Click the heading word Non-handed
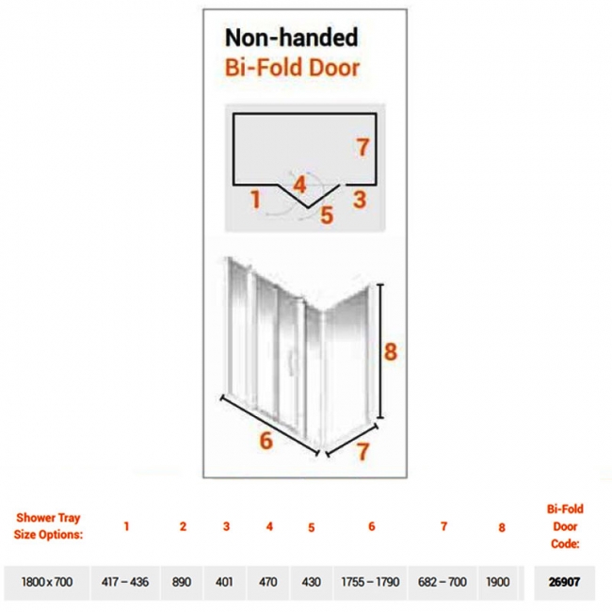click(292, 38)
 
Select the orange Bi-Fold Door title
click(292, 68)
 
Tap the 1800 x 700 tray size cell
click(47, 582)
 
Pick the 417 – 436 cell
click(125, 582)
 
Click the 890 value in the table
click(182, 582)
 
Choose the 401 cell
click(224, 582)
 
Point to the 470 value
click(267, 582)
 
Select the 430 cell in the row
click(311, 582)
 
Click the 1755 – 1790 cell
click(370, 582)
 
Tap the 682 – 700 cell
click(443, 582)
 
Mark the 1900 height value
click(498, 582)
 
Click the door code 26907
click(564, 582)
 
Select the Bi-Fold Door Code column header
click(565, 526)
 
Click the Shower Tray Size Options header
click(48, 526)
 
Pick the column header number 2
click(183, 526)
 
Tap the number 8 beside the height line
click(391, 351)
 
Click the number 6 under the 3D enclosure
click(266, 441)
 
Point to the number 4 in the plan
click(299, 185)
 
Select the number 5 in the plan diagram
click(327, 215)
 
